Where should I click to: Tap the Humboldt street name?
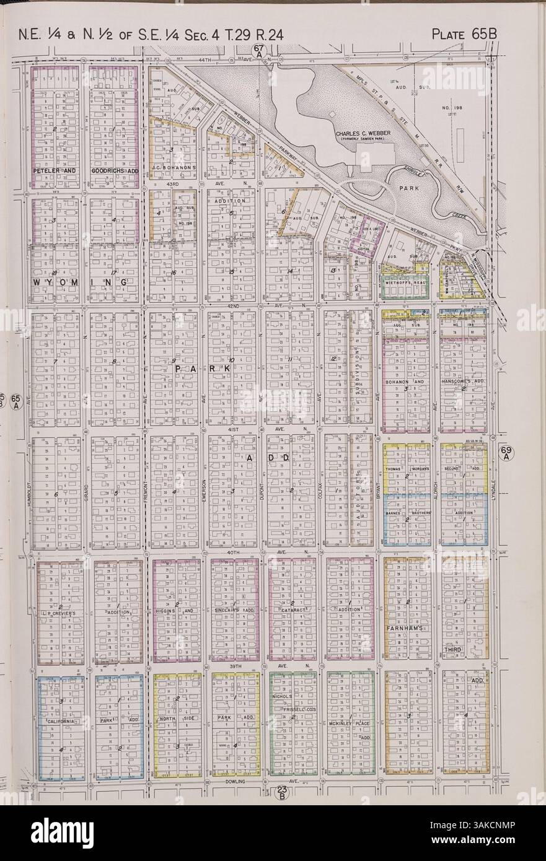[30, 495]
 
